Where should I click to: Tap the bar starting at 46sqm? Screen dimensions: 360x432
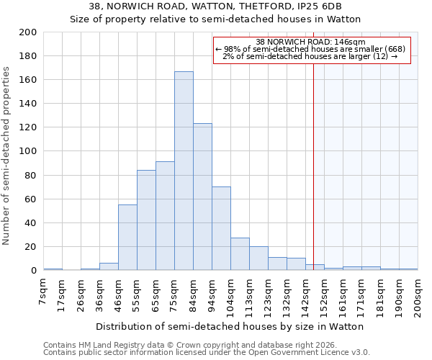[127, 238]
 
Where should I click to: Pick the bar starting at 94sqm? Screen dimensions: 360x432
[221, 228]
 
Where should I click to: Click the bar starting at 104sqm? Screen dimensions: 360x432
[240, 253]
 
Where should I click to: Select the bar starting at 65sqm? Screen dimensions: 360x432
[165, 216]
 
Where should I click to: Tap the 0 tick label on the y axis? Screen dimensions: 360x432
[33, 271]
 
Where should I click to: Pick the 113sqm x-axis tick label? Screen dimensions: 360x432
[249, 295]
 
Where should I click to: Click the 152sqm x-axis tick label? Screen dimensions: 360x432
[324, 295]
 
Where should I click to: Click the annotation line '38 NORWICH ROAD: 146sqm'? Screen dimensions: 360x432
[311, 42]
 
